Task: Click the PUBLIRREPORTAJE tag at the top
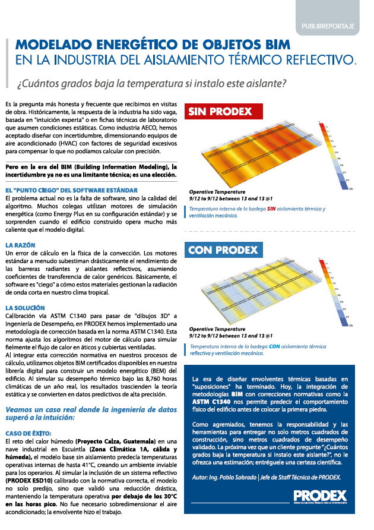[332, 26]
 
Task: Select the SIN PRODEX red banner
[219, 111]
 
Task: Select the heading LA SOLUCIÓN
[25, 307]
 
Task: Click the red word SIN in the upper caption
[272, 209]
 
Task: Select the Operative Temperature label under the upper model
[217, 192]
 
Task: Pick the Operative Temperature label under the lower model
[217, 329]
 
